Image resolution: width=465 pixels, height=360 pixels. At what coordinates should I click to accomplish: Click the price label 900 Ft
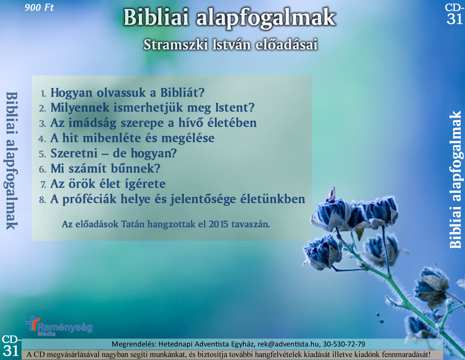point(39,7)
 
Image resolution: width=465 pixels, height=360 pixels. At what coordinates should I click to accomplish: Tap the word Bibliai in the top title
point(156,17)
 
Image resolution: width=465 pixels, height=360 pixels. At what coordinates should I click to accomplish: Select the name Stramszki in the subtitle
point(176,45)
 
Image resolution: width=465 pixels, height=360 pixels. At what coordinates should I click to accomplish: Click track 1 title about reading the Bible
point(127,93)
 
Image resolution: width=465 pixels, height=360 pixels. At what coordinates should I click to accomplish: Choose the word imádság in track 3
point(92,123)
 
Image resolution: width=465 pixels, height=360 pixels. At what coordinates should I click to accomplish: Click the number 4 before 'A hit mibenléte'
point(42,138)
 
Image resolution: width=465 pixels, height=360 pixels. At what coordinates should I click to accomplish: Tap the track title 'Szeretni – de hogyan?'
point(113,154)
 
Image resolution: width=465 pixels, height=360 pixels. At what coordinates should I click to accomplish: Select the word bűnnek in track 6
point(136,168)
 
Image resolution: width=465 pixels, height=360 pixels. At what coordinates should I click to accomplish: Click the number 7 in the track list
point(43,184)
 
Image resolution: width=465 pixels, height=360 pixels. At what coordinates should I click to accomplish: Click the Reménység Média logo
point(59,326)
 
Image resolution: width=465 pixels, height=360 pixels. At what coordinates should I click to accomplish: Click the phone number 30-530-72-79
point(344,344)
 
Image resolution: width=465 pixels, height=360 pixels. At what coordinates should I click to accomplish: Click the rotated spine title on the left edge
point(11,161)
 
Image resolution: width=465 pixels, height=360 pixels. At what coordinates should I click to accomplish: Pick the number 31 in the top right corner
point(454,19)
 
